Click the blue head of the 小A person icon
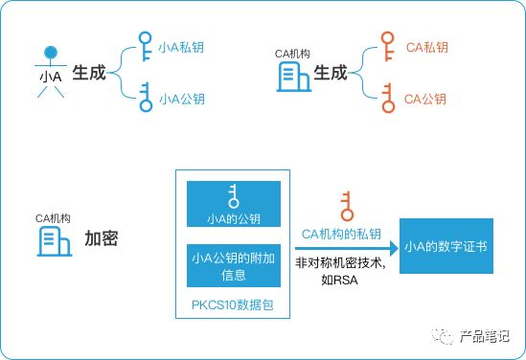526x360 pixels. point(51,53)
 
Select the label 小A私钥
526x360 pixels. point(181,47)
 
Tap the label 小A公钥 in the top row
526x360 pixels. point(182,99)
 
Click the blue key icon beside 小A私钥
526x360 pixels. point(145,46)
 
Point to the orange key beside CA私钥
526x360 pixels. point(387,46)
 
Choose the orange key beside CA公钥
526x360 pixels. point(388,98)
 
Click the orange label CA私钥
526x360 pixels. point(426,47)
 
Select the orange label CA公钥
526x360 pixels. point(425,99)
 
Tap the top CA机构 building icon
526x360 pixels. point(293,77)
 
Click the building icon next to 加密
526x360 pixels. point(54,241)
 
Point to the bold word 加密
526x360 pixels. point(101,238)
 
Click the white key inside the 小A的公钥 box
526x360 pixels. point(233,196)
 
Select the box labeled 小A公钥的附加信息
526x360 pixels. point(234,266)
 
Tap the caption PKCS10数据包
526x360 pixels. point(233,305)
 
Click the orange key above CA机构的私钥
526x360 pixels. point(347,206)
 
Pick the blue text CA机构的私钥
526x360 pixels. point(341,234)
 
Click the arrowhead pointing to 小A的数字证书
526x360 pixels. point(394,248)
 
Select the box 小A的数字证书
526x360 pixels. point(446,246)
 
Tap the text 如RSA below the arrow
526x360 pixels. point(339,280)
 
